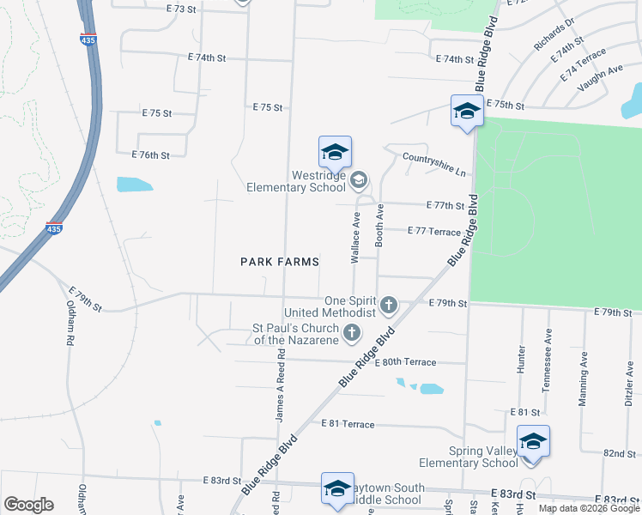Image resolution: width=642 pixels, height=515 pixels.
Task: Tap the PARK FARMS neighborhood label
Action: point(280,261)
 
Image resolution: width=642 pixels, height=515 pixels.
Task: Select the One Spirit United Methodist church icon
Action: point(389,305)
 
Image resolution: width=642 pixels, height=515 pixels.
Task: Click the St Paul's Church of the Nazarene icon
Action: point(350,333)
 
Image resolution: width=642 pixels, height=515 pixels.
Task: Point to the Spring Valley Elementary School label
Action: point(483,457)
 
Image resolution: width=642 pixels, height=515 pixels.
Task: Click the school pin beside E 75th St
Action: point(467,112)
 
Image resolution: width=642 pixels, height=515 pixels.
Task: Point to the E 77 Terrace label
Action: point(435,231)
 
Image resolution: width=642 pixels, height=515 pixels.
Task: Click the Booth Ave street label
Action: point(379,225)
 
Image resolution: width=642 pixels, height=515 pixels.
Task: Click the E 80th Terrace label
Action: point(405,362)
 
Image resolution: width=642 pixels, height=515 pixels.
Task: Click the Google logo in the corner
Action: point(28,505)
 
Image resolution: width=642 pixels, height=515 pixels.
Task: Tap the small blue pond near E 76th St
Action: point(135,184)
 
